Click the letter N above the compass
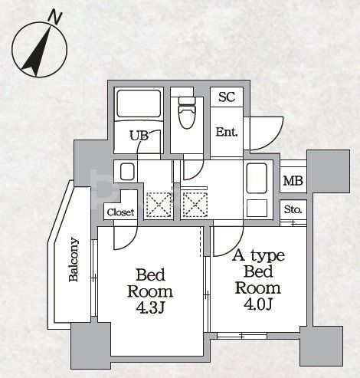[x=55, y=17]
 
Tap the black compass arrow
[x=36, y=53]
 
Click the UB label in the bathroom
[x=139, y=136]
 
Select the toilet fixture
[x=187, y=113]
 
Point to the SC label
[x=227, y=97]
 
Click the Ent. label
[x=227, y=132]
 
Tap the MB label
[x=293, y=181]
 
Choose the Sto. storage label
[x=293, y=210]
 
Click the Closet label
[x=120, y=212]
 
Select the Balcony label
[x=74, y=259]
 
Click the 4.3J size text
[x=150, y=308]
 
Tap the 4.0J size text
[x=257, y=304]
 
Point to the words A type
[x=258, y=256]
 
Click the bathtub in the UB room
[x=139, y=104]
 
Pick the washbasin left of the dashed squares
[x=127, y=172]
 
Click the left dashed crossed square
[x=159, y=205]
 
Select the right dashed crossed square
[x=195, y=205]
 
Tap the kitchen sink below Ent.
[x=257, y=179]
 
